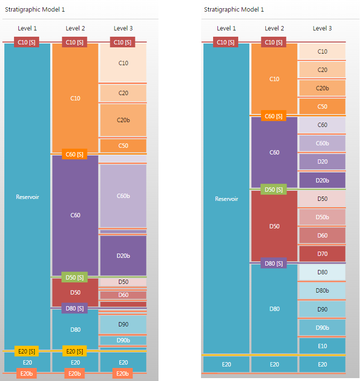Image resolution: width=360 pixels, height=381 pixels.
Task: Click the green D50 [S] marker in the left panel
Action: click(74, 277)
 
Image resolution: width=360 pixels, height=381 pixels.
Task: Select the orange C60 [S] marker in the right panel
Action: click(274, 116)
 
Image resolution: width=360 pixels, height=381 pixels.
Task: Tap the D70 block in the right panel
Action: click(322, 254)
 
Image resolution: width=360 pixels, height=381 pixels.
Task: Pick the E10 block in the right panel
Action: click(322, 346)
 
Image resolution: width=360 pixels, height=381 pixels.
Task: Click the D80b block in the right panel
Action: click(322, 290)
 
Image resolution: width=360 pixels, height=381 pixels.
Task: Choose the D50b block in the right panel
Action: click(322, 217)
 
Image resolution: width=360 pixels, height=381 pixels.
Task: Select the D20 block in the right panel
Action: click(322, 161)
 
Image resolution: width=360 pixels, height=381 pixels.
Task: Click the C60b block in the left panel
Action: click(123, 196)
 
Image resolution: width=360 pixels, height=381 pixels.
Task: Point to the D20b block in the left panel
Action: click(123, 255)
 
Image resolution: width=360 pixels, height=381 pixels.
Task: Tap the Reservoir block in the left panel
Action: click(28, 197)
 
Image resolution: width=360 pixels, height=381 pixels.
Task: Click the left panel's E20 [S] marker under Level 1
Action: click(27, 351)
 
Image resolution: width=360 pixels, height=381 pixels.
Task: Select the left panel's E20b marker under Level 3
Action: click(123, 373)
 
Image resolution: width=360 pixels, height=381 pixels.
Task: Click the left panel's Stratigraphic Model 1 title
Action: click(35, 9)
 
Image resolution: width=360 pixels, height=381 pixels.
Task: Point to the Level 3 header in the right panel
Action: click(322, 28)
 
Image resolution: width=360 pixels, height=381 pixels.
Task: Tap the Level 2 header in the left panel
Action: click(75, 28)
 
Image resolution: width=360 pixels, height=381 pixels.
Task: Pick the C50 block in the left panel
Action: click(123, 145)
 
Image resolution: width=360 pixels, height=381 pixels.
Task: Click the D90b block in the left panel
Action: click(123, 340)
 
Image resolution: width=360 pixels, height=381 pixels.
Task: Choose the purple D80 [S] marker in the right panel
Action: click(274, 263)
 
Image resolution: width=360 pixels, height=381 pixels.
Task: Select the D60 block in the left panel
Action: click(123, 295)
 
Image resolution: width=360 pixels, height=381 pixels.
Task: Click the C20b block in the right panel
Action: click(322, 88)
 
